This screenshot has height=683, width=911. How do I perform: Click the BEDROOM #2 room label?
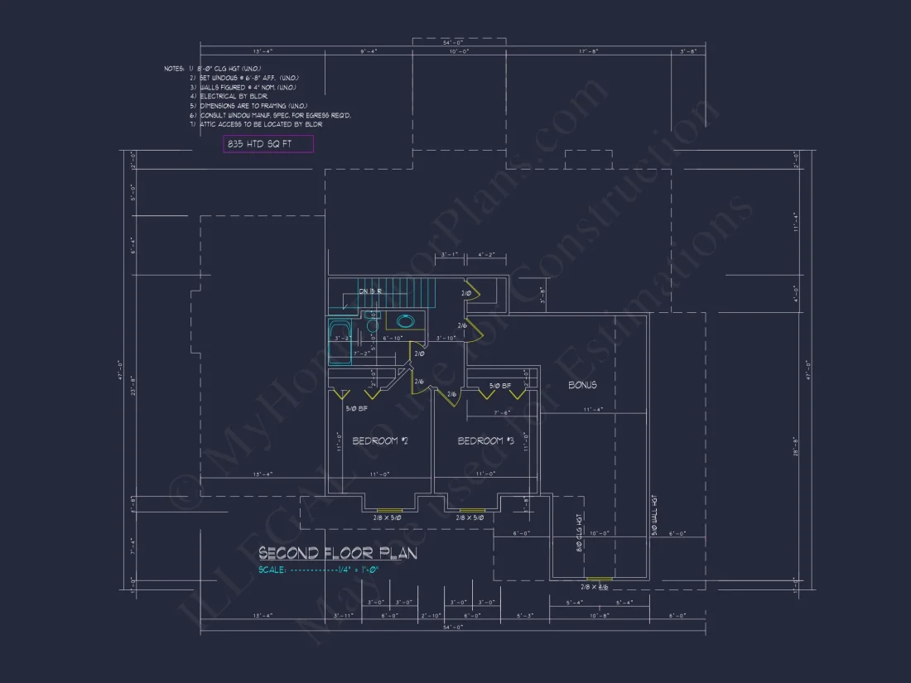click(380, 441)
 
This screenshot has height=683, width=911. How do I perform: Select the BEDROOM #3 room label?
click(486, 441)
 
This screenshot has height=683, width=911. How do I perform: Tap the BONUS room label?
click(582, 385)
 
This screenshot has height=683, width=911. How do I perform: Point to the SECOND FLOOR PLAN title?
click(337, 552)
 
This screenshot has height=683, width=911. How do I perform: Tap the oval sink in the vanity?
click(406, 321)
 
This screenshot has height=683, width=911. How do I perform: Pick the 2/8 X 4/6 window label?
click(594, 587)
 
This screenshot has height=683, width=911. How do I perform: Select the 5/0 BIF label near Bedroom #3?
click(501, 386)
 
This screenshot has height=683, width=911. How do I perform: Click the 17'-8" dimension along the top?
click(589, 51)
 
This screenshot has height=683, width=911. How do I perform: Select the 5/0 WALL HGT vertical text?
click(654, 515)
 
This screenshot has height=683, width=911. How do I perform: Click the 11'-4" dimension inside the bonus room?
click(593, 409)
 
